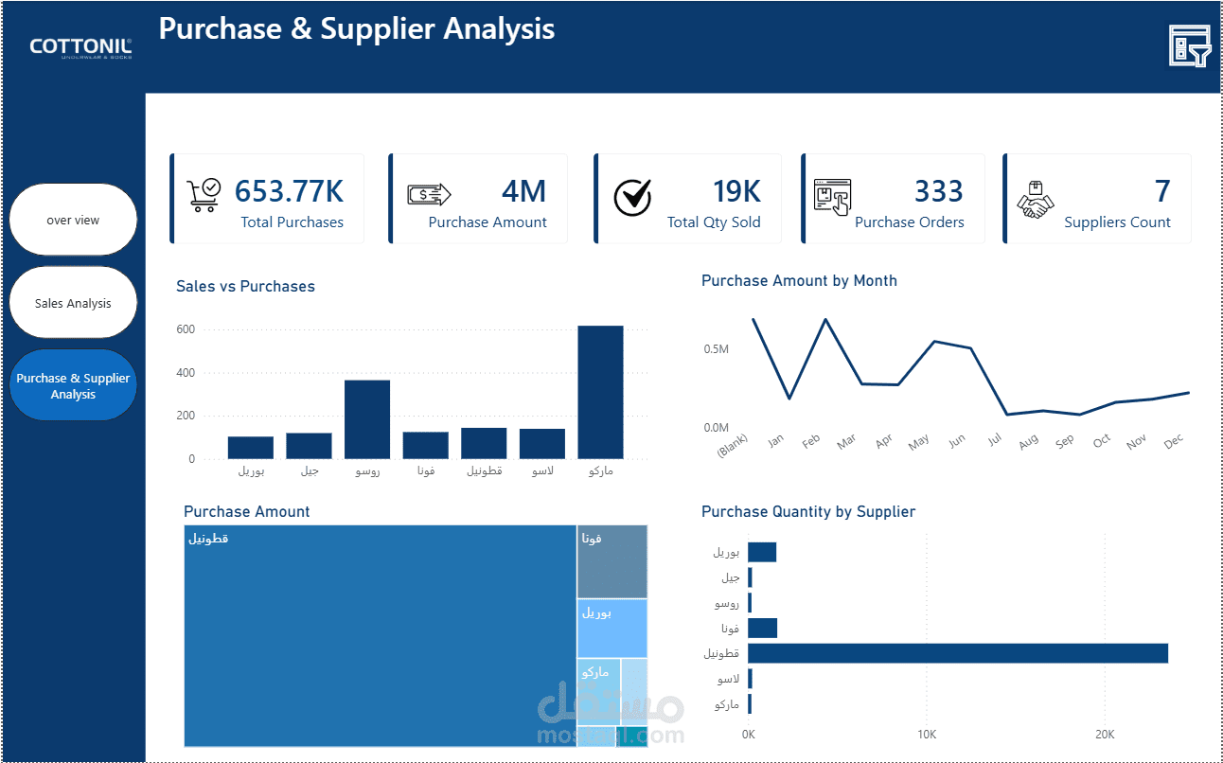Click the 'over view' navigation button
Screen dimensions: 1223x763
(x=73, y=220)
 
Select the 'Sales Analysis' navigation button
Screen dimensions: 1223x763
(x=73, y=303)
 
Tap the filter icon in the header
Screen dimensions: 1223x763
(x=1190, y=45)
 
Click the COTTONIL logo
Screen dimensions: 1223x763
(x=80, y=47)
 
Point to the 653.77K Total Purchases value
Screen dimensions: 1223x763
(x=289, y=191)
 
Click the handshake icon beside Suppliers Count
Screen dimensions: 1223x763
(x=1035, y=200)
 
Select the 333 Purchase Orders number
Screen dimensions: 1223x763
(x=938, y=191)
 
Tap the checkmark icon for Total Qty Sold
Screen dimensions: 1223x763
(x=632, y=197)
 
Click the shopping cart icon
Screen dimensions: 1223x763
(x=204, y=195)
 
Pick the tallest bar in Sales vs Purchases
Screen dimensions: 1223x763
(x=600, y=392)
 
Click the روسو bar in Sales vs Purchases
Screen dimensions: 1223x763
(x=367, y=419)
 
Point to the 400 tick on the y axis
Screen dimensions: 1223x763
(x=186, y=372)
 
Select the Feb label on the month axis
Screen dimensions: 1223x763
(x=811, y=441)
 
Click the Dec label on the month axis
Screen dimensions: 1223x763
(x=1174, y=441)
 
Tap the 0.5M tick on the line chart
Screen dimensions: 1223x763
(x=717, y=349)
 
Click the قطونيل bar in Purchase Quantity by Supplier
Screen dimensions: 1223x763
(x=958, y=653)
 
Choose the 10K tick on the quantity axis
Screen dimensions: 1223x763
(x=927, y=735)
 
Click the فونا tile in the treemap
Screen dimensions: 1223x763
(x=612, y=562)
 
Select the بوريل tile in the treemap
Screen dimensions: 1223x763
(x=612, y=628)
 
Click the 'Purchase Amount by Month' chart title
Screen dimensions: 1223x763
(x=799, y=281)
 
